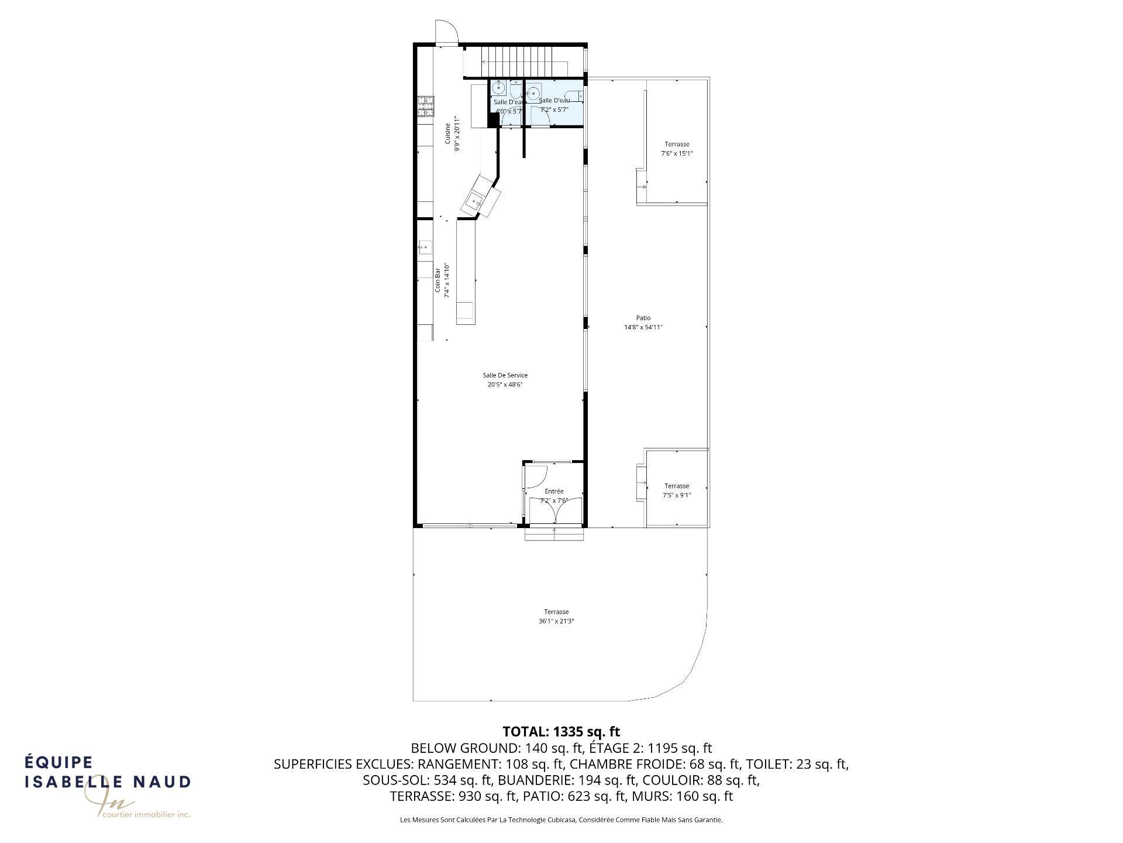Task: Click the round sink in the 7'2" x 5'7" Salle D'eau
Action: tap(533, 92)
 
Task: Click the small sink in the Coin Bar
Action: tap(425, 248)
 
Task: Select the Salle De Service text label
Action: tap(505, 375)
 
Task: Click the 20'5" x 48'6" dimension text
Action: tap(505, 385)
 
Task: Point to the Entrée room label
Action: tap(554, 491)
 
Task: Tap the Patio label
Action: tap(643, 318)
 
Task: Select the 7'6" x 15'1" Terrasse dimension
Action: tap(677, 153)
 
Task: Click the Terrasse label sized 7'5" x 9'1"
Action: tap(677, 486)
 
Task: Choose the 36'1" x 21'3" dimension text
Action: tap(556, 621)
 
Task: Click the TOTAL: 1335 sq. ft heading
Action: tap(561, 731)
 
